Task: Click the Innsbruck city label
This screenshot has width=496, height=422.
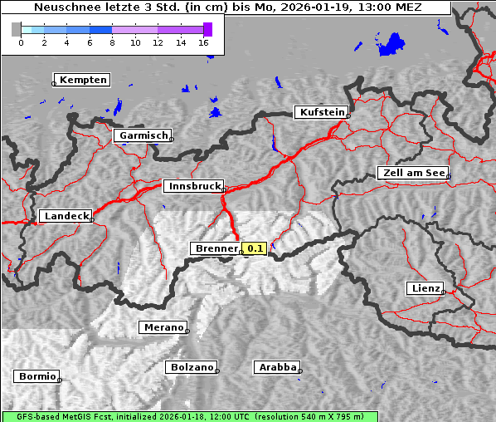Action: click(x=192, y=187)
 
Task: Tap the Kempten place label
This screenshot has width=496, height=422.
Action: click(x=83, y=80)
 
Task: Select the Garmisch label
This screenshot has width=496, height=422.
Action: click(x=143, y=135)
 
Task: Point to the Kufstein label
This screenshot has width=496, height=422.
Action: click(x=321, y=112)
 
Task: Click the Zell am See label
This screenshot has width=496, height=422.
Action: click(x=412, y=173)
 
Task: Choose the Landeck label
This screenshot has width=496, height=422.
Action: click(x=66, y=216)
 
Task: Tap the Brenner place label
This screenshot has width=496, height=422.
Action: click(x=215, y=248)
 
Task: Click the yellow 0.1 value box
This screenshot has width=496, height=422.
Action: click(x=254, y=248)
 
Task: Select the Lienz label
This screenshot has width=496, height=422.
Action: click(x=424, y=288)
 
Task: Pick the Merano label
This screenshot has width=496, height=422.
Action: click(x=162, y=327)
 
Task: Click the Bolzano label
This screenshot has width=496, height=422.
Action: click(x=191, y=367)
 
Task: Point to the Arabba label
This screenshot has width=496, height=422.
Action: click(x=276, y=367)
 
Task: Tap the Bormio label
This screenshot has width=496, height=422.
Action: click(x=36, y=376)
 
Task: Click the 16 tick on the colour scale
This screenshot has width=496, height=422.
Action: click(x=204, y=42)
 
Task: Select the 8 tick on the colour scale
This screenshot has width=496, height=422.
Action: click(x=112, y=42)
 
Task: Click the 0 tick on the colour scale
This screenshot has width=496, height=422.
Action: click(x=21, y=42)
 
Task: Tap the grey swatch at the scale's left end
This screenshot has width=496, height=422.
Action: click(x=17, y=30)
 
